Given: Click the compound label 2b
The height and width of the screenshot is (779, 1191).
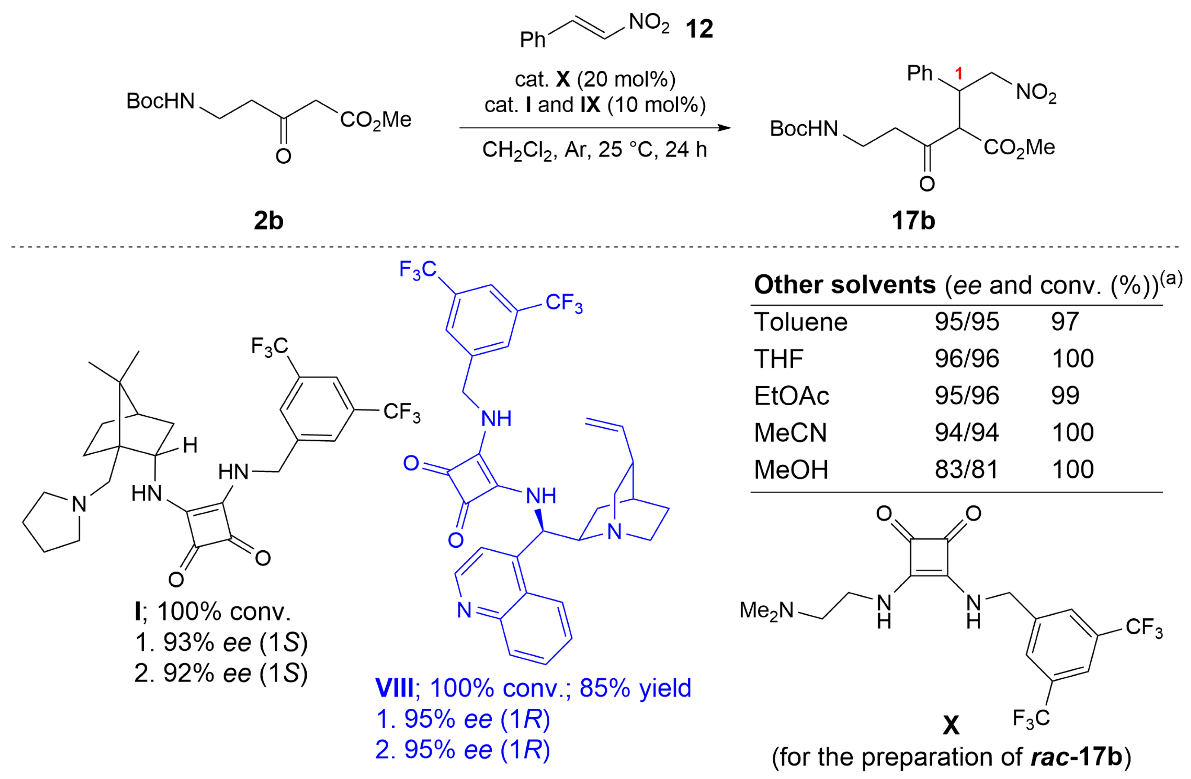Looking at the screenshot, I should [268, 220].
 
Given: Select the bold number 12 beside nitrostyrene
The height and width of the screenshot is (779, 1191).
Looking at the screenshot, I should [699, 29].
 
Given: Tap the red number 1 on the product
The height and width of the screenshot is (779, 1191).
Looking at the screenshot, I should [958, 74].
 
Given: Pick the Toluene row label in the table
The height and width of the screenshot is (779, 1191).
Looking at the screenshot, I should [801, 322].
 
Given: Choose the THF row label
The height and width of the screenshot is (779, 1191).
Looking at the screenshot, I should [779, 358].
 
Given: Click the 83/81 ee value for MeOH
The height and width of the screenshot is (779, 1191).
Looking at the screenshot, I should [966, 470].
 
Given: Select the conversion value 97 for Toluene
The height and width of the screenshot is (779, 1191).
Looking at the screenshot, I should [1064, 322].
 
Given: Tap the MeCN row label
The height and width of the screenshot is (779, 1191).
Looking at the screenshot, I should [790, 432].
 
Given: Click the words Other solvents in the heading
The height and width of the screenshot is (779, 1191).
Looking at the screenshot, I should [844, 285].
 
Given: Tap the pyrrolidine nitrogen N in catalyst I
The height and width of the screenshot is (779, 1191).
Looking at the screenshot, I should [79, 504].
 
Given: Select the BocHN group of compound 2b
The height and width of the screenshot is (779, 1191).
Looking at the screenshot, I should [160, 101].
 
